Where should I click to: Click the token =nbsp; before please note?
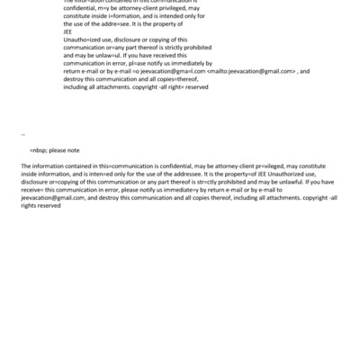40,150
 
